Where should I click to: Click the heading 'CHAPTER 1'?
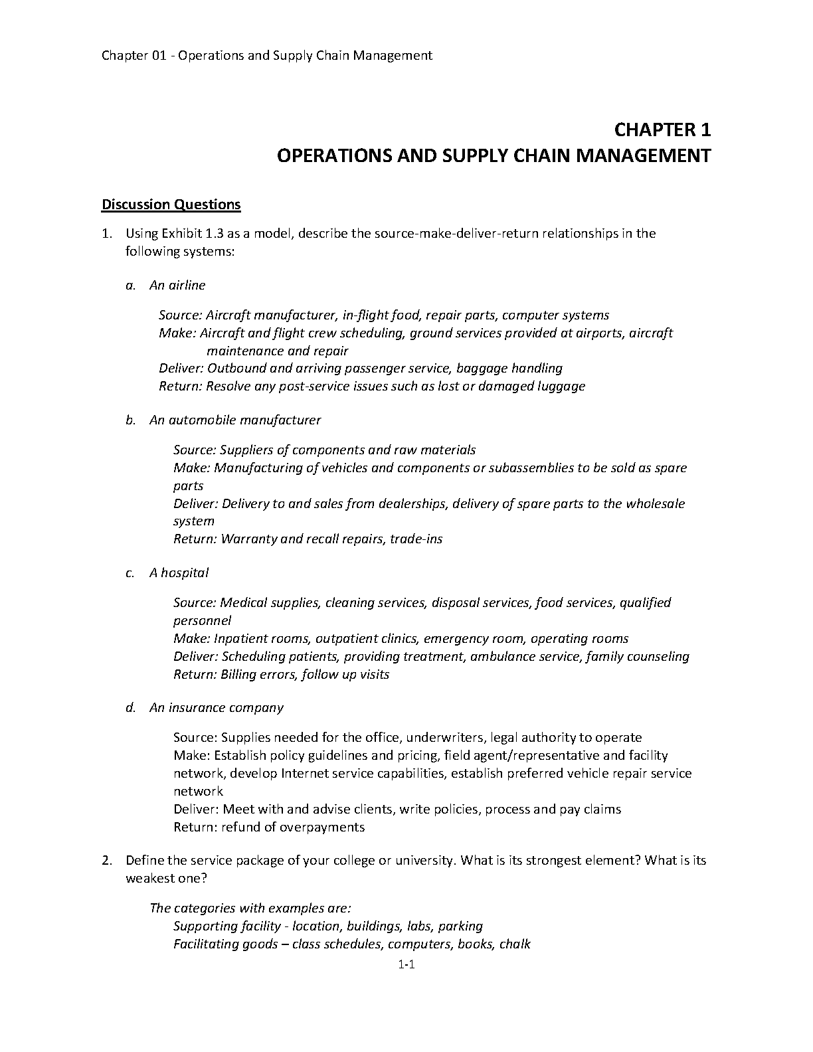click(x=662, y=129)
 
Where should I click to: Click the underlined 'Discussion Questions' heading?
click(x=171, y=205)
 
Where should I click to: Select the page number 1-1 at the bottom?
click(x=406, y=966)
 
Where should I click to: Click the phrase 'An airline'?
click(x=177, y=286)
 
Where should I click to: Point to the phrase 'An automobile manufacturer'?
click(x=235, y=420)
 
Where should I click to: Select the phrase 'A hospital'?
click(x=179, y=573)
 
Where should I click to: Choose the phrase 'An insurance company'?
click(x=217, y=708)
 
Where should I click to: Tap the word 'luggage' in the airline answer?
click(x=562, y=387)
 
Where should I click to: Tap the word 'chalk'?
click(x=515, y=944)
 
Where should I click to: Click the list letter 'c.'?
click(x=131, y=573)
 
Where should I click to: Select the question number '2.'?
click(x=106, y=861)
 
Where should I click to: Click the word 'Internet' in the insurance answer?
click(x=304, y=774)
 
